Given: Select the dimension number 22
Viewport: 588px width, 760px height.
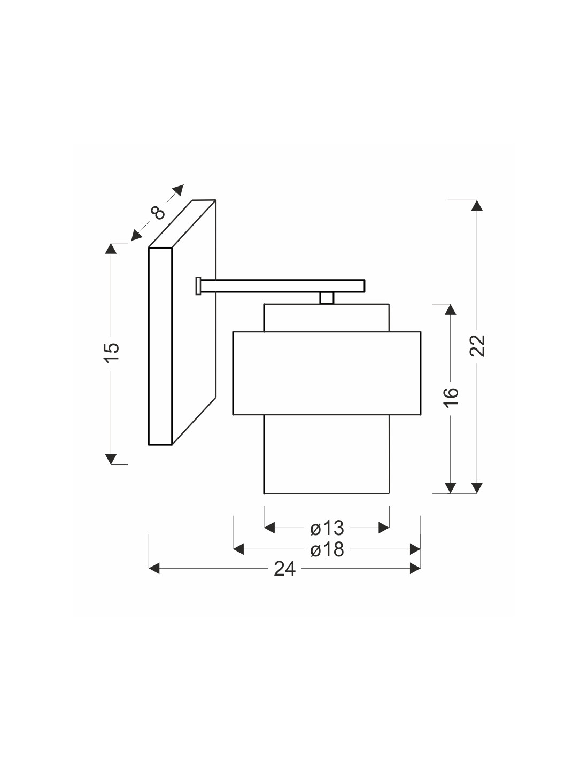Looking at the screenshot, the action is [x=477, y=346].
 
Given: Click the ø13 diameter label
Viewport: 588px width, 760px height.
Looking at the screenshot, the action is [x=327, y=528].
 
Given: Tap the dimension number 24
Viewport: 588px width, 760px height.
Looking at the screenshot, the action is [x=284, y=569].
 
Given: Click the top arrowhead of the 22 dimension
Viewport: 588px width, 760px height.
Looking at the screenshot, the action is [x=477, y=206].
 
